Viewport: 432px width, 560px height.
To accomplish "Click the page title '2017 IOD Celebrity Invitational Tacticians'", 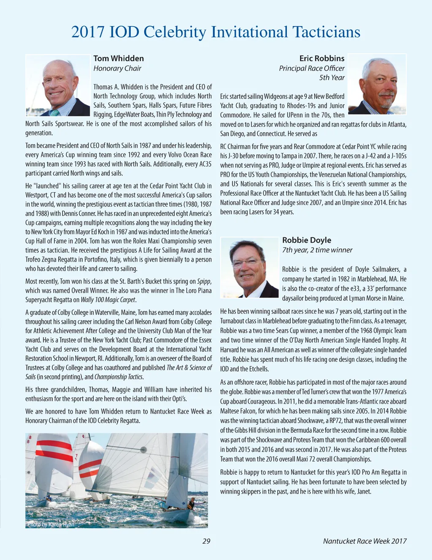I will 216,32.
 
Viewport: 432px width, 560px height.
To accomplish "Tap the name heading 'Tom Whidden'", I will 119,58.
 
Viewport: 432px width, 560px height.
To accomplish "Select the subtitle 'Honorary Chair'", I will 117,68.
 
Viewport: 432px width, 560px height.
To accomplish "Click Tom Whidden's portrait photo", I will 58,85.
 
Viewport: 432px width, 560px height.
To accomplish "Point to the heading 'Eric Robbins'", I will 322,58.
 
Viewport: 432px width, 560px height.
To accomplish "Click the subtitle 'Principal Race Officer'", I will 311,68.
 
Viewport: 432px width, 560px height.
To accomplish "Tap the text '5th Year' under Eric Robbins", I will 332,78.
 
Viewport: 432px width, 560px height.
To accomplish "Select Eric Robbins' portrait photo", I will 377,85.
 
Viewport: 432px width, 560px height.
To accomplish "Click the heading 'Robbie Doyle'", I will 307,240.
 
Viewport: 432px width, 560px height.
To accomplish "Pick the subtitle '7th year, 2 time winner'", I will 317,250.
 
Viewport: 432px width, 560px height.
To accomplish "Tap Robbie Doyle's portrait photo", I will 250,268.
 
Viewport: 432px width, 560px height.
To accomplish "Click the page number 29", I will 206,541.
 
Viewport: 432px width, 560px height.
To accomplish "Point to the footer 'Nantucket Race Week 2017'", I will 365,541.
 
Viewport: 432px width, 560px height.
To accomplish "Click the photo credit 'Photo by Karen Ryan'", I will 51,524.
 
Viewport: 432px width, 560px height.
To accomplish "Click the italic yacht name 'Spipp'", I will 204,281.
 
